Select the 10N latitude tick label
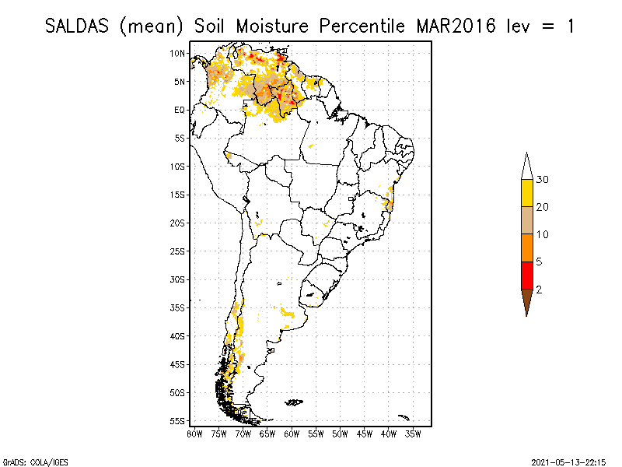click(178, 53)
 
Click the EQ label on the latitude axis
click(180, 110)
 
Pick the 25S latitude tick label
click(178, 251)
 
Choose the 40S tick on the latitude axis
click(178, 335)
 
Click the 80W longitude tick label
click(194, 433)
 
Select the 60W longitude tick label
click(292, 433)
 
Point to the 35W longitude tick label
click(413, 433)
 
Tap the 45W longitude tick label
click(365, 433)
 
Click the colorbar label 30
click(543, 180)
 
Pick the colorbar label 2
click(539, 290)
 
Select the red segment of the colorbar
click(526, 275)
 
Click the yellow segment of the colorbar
click(526, 193)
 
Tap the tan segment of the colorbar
click(526, 220)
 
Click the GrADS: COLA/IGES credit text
click(30, 462)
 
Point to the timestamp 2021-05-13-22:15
click(568, 462)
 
